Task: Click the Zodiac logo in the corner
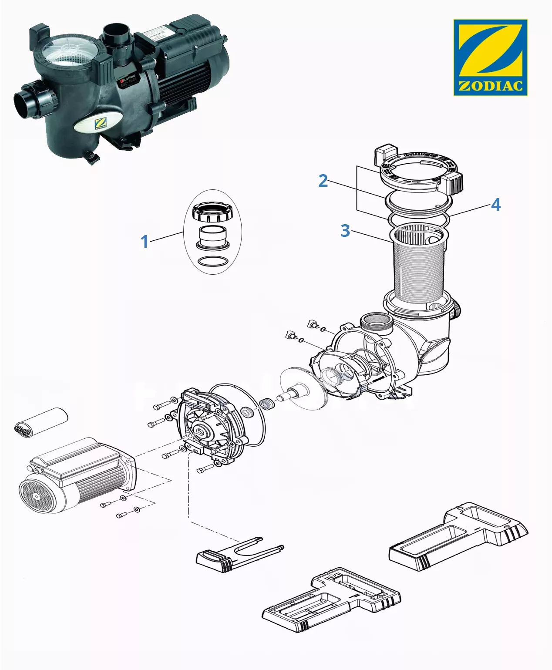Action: pos(490,57)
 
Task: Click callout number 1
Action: pos(145,241)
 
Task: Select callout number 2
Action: pos(323,180)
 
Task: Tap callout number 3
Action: pos(345,231)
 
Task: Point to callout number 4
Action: pos(495,205)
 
